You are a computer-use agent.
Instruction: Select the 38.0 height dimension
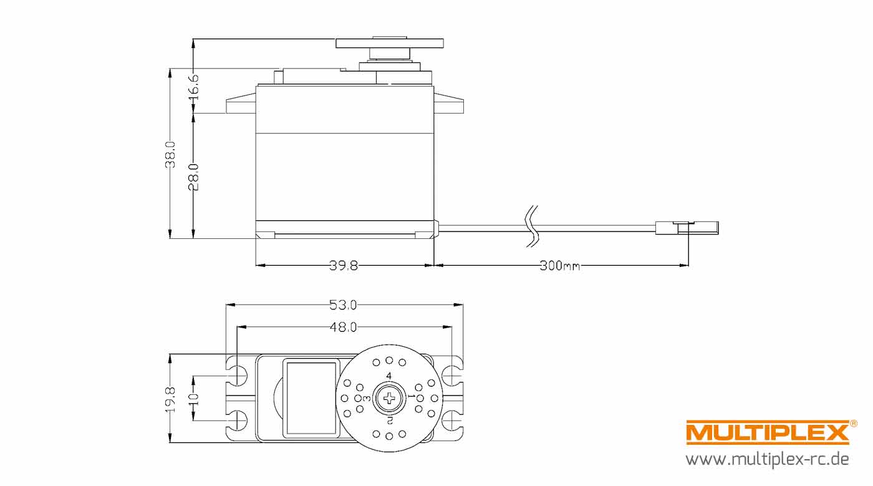point(170,155)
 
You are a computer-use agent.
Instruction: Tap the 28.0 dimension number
point(194,177)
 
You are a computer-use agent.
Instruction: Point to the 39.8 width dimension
point(344,266)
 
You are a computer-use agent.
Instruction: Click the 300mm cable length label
point(560,266)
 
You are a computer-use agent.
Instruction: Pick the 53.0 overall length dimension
point(343,304)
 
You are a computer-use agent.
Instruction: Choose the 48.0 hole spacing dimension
point(343,327)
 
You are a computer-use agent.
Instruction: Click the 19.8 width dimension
point(170,399)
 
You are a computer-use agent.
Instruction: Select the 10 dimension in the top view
point(194,399)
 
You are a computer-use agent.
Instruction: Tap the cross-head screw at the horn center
point(389,398)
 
